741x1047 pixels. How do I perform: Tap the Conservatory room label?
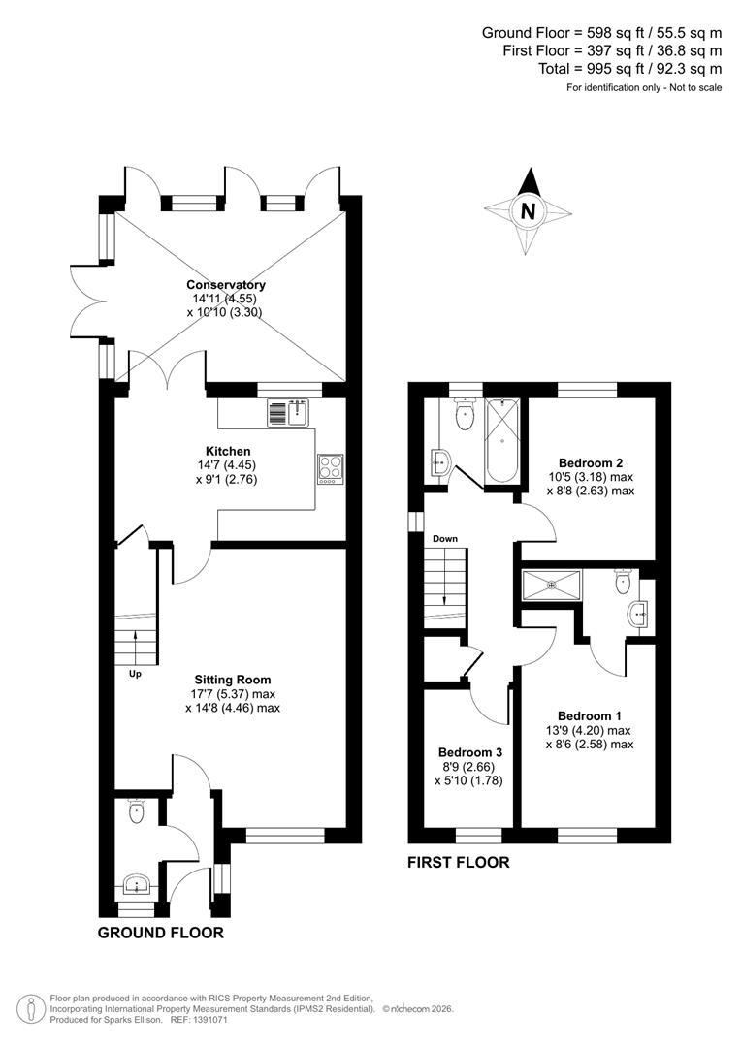pos(226,285)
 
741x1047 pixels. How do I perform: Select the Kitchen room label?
pos(228,451)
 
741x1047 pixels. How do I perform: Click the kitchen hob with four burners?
pos(330,468)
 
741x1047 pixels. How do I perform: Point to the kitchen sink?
pos(287,413)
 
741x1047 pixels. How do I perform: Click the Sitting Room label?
pos(232,680)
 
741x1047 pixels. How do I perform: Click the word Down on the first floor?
pos(445,538)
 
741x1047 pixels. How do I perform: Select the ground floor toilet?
pos(137,811)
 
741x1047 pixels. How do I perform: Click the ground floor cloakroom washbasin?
pos(136,884)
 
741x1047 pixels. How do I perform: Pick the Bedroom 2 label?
pos(591,462)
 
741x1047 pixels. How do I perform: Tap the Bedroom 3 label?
pos(470,752)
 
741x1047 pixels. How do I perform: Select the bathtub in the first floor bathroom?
pos(502,440)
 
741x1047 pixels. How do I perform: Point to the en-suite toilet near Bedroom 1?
pos(623,583)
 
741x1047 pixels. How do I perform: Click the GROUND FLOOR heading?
pos(161,933)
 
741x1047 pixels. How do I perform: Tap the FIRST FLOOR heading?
pos(458,862)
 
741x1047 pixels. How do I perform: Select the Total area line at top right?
pos(629,68)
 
